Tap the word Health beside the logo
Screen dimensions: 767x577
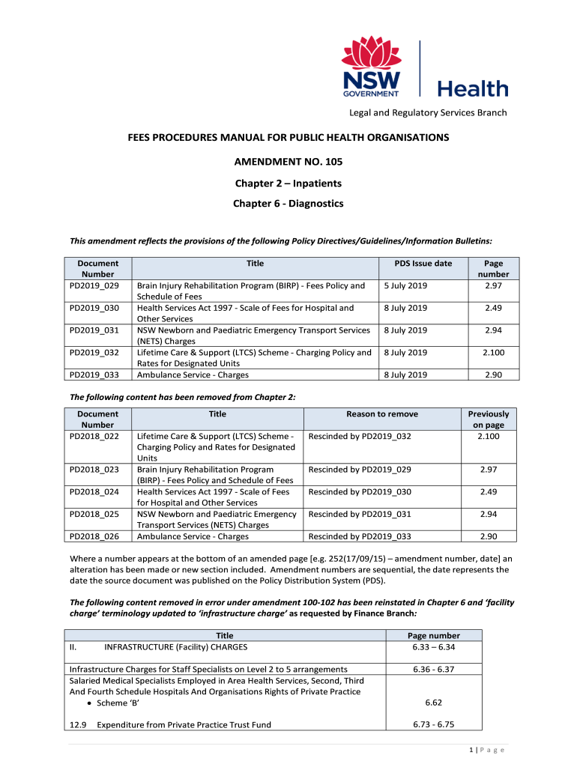[x=472, y=89]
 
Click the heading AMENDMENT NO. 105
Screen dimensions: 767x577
[x=288, y=162]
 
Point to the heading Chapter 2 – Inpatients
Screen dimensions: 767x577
[x=288, y=184]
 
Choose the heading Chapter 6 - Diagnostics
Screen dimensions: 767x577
[x=288, y=203]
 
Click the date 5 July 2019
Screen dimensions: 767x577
[x=405, y=285]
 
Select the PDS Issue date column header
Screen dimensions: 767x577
[x=423, y=264]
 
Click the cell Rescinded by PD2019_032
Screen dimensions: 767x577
[x=360, y=436]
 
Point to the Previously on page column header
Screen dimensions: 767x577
[x=488, y=419]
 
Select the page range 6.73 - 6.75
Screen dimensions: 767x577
[x=434, y=724]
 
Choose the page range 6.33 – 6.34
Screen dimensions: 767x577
[x=434, y=647]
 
